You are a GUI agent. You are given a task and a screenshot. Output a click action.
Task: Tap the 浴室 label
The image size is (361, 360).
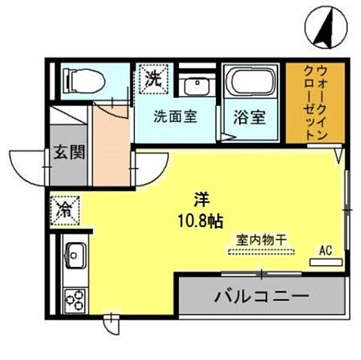tap(249, 117)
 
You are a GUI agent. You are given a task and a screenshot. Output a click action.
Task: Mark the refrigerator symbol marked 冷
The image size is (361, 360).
tap(64, 210)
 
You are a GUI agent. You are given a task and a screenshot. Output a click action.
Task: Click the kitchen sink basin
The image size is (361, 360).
tap(75, 257)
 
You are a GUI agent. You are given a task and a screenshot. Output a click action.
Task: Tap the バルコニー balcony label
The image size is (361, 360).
tap(262, 297)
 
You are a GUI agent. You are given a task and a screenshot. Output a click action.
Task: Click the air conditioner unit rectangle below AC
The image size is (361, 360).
tap(326, 262)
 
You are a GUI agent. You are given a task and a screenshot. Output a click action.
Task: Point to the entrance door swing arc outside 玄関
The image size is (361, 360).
tap(27, 166)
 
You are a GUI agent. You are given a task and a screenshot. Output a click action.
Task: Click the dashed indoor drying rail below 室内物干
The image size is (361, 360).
tap(258, 252)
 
